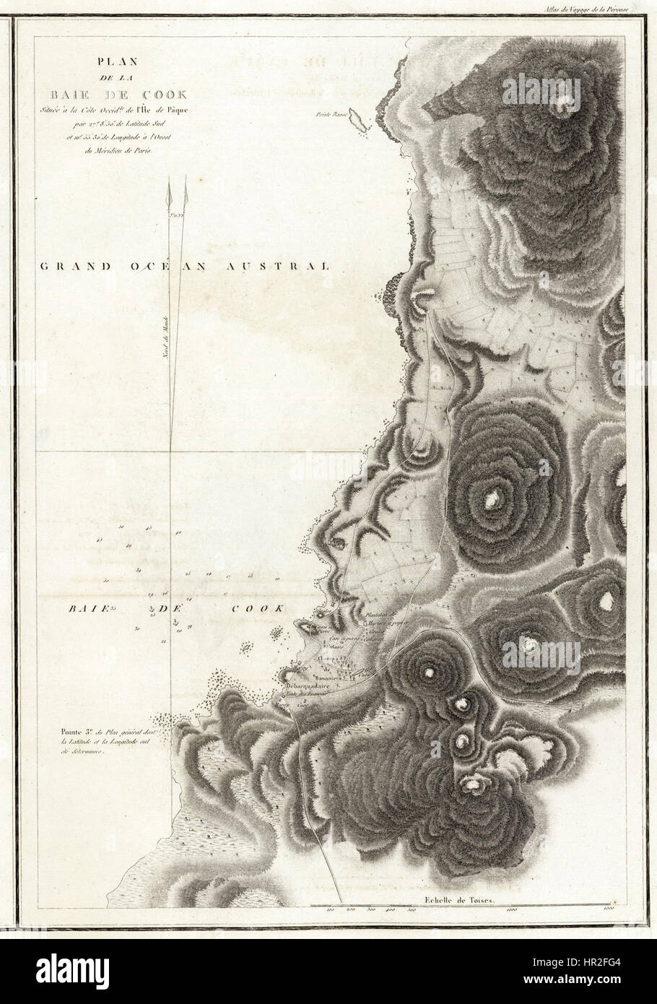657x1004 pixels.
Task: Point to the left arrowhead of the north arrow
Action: point(171,194)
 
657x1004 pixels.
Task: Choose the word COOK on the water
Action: point(256,609)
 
